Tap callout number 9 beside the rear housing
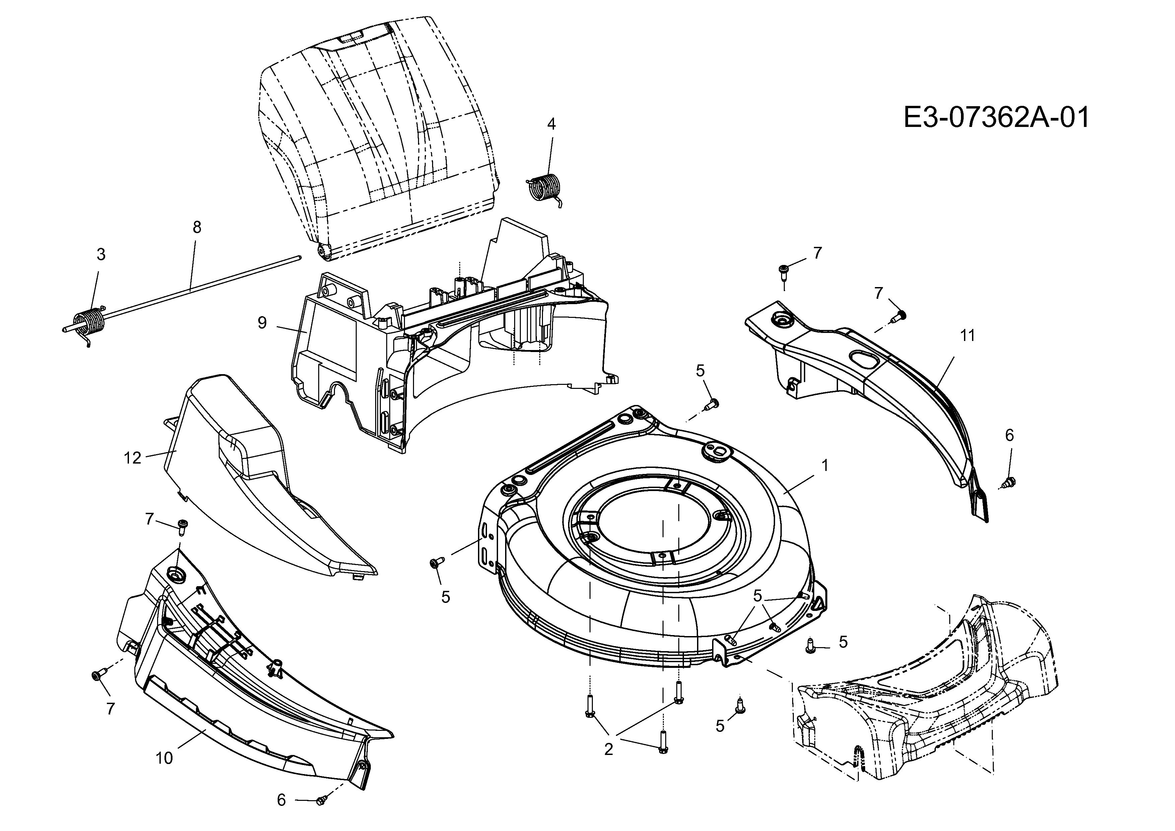pyautogui.click(x=262, y=323)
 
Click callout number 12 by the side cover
pyautogui.click(x=133, y=458)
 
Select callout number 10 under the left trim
pyautogui.click(x=164, y=758)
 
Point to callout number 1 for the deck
pyautogui.click(x=824, y=465)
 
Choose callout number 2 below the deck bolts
pyautogui.click(x=609, y=750)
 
